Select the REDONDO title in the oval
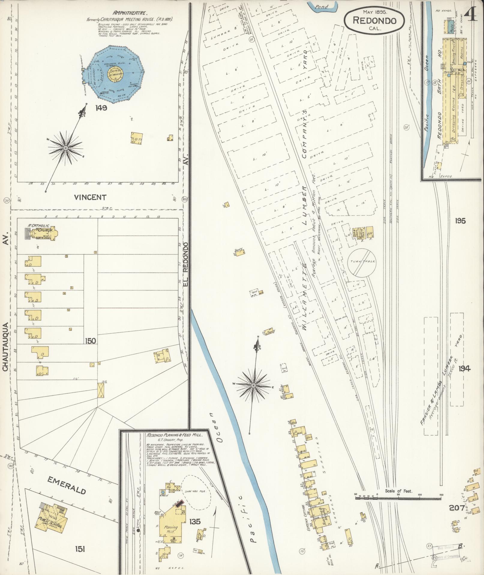(x=374, y=20)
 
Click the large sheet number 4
(x=471, y=12)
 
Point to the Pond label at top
(x=321, y=6)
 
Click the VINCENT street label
(x=90, y=197)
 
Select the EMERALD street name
(x=67, y=275)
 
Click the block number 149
(x=101, y=108)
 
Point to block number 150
(x=90, y=341)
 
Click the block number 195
(x=460, y=221)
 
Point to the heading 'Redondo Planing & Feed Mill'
(x=175, y=225)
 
